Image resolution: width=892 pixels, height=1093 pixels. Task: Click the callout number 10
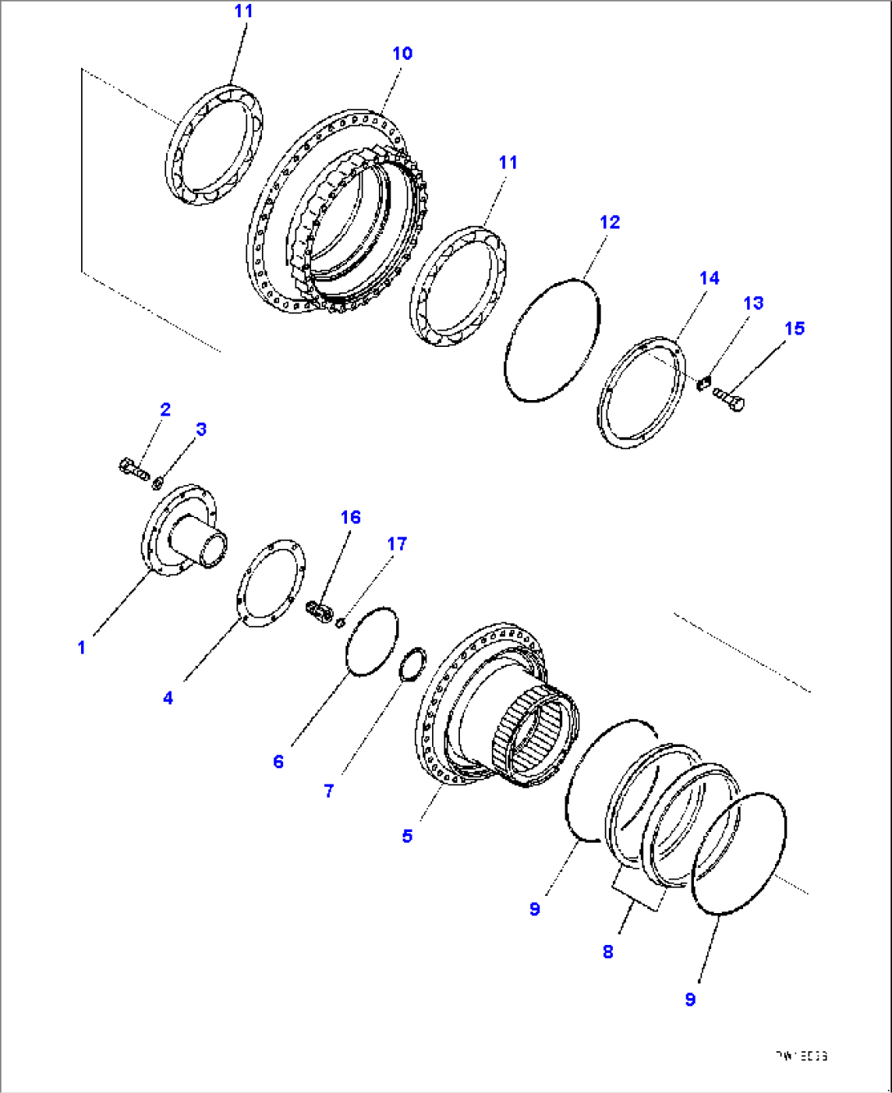402,54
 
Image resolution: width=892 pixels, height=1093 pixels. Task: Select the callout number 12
610,223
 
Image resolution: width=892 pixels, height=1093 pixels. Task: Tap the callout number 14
709,278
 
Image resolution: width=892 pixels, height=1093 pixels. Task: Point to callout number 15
794,329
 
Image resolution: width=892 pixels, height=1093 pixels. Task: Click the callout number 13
753,304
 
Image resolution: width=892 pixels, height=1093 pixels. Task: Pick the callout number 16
350,517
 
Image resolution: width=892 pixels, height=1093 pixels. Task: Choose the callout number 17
397,544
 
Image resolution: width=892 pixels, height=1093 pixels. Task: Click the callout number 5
407,836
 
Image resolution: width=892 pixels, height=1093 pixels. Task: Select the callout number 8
607,951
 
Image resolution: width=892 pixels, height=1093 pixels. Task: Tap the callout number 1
81,648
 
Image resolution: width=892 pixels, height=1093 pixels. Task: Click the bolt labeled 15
728,398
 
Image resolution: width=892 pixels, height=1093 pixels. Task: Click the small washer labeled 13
702,383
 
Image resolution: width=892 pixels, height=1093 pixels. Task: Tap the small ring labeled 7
412,662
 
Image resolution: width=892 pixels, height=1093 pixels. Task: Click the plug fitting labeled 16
318,610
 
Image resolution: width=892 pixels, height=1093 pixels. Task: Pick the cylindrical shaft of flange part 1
200,542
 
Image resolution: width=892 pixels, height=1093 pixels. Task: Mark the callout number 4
168,698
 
